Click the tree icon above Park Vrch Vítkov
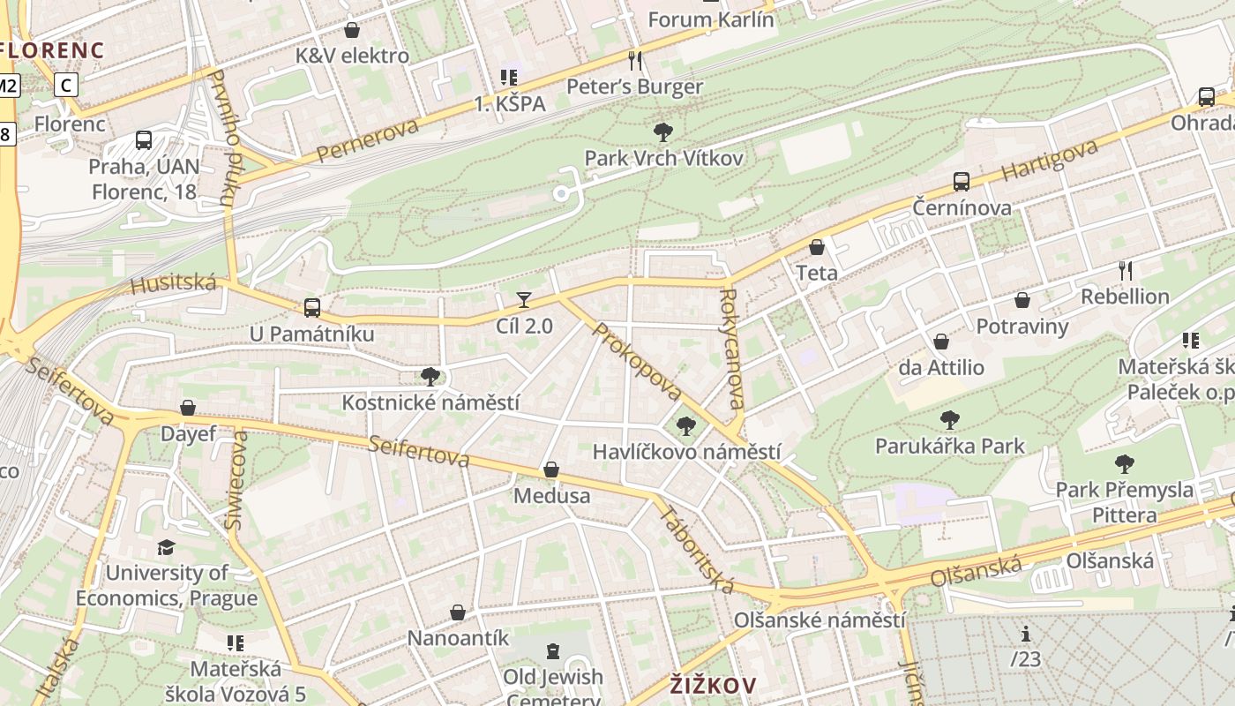click(663, 133)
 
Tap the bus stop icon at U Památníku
click(311, 308)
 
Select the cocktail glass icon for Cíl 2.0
click(524, 300)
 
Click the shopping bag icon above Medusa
click(551, 469)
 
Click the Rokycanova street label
click(732, 349)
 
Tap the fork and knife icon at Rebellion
click(1126, 270)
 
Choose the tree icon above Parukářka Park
click(950, 419)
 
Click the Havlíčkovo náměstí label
click(686, 452)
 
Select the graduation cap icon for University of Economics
click(166, 548)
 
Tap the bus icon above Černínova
click(962, 182)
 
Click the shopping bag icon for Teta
click(817, 247)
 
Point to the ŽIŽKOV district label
click(713, 685)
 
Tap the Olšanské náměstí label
click(820, 620)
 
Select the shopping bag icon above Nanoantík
click(458, 612)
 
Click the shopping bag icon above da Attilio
click(941, 342)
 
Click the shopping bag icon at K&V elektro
click(352, 30)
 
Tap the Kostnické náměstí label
click(430, 402)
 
